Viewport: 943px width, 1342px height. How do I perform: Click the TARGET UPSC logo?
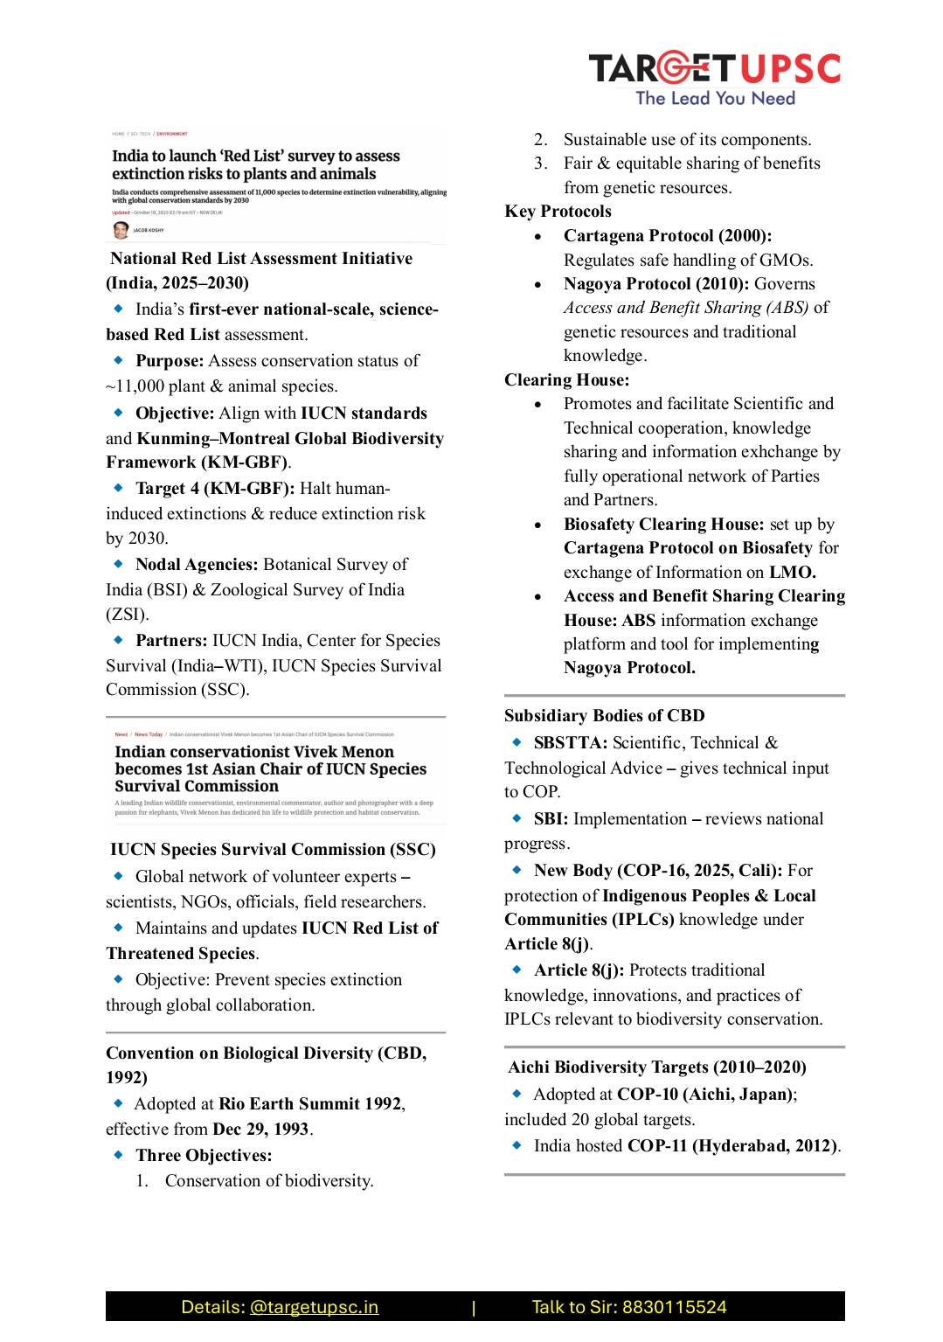[714, 78]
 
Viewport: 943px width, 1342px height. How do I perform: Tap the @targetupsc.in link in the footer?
[314, 1307]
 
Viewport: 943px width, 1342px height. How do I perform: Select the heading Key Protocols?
[558, 212]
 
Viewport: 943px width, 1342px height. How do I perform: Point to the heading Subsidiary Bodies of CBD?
[604, 715]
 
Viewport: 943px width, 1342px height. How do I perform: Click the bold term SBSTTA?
[570, 742]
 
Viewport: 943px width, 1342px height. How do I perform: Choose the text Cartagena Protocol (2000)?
[667, 236]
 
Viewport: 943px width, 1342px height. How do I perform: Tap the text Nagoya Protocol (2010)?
[655, 284]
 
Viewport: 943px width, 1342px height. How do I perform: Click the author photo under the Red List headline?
[121, 230]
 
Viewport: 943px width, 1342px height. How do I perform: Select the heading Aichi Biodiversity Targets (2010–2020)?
[657, 1067]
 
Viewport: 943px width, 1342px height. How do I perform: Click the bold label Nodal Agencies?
[197, 565]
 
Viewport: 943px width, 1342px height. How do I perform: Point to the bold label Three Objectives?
[204, 1155]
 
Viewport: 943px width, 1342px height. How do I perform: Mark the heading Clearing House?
[566, 379]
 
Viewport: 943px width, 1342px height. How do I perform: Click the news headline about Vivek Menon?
[270, 768]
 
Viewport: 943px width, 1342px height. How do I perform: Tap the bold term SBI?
[551, 818]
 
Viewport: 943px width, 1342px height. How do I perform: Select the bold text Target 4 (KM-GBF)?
[214, 489]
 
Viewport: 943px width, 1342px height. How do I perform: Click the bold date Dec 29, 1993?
[260, 1129]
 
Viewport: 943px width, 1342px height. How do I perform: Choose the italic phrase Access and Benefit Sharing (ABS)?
[685, 308]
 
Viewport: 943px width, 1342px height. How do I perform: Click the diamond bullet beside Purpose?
[118, 360]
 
